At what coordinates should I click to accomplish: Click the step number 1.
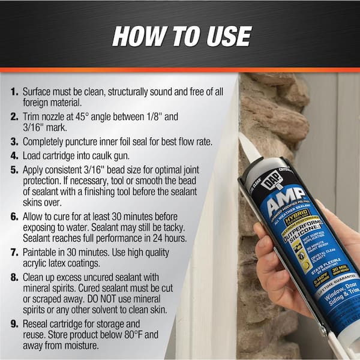click(x=13, y=93)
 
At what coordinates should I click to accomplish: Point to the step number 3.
click(x=13, y=142)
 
